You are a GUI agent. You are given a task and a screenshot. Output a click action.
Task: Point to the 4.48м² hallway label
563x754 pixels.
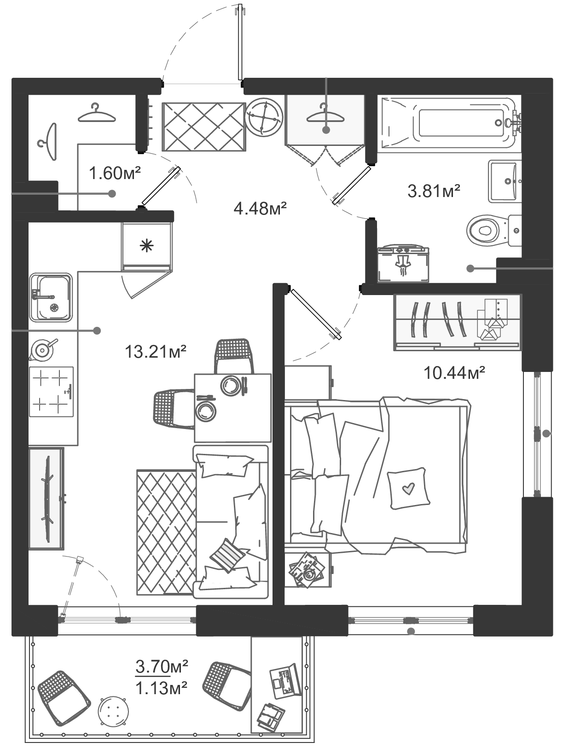point(260,208)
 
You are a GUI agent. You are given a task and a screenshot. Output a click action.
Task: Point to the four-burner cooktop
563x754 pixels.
point(51,392)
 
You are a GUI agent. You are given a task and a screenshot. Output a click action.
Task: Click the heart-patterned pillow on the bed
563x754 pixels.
point(408,487)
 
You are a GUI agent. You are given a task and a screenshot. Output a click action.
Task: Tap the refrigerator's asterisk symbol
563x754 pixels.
point(147,246)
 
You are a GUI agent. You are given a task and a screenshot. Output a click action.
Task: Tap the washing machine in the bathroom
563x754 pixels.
point(403,263)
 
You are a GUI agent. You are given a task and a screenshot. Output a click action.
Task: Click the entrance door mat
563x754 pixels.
point(204,127)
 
